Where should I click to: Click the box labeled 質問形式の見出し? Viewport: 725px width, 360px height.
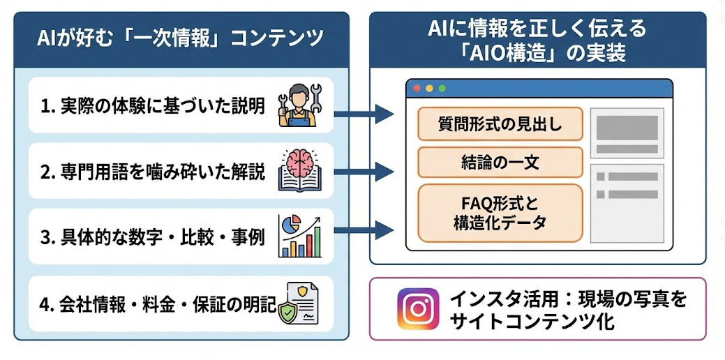[x=500, y=125]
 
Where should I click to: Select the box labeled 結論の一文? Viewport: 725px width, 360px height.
[x=500, y=163]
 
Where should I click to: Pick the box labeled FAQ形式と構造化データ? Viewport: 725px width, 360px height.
[x=500, y=213]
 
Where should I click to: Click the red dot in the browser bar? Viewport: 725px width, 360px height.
[x=418, y=89]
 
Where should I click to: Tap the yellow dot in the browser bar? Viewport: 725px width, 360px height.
[x=429, y=89]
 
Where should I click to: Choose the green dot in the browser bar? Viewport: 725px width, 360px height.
[x=441, y=89]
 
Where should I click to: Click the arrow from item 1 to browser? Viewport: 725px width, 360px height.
[x=364, y=112]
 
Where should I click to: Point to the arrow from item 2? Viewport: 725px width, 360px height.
[x=364, y=170]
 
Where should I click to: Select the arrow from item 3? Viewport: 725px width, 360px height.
[x=364, y=229]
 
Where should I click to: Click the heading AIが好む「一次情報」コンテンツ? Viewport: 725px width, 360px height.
[x=181, y=38]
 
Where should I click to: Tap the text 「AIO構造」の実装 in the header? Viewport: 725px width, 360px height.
[x=537, y=52]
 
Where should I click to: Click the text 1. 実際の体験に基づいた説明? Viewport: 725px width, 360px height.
[x=153, y=107]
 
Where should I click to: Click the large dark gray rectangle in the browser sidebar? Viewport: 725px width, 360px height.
[x=627, y=128]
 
